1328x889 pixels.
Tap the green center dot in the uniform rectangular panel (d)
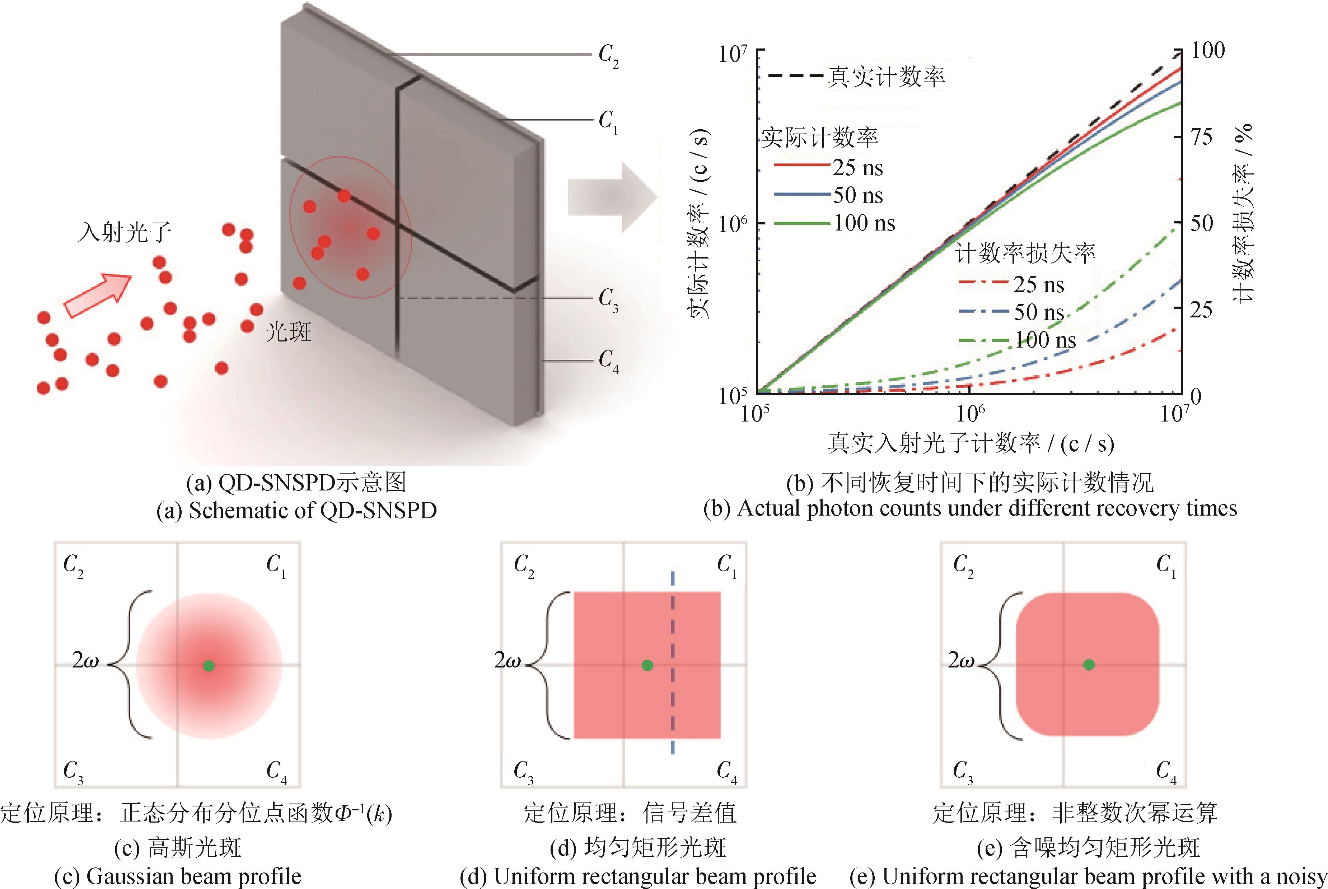647,665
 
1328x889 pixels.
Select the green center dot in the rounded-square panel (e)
1089,665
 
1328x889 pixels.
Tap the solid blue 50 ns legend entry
829,195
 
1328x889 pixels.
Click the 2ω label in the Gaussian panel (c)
85,661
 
